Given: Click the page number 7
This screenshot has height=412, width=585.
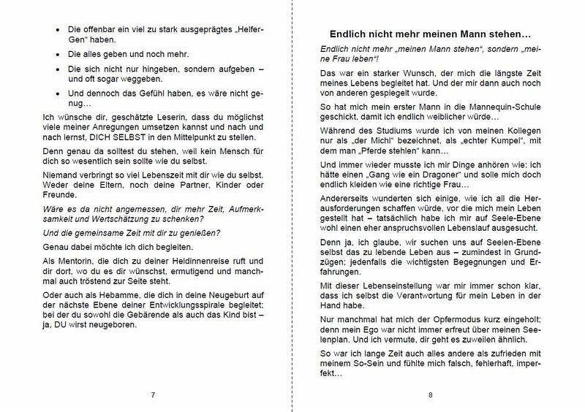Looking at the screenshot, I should pos(153,395).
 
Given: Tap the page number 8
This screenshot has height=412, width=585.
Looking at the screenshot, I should pos(431,395).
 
